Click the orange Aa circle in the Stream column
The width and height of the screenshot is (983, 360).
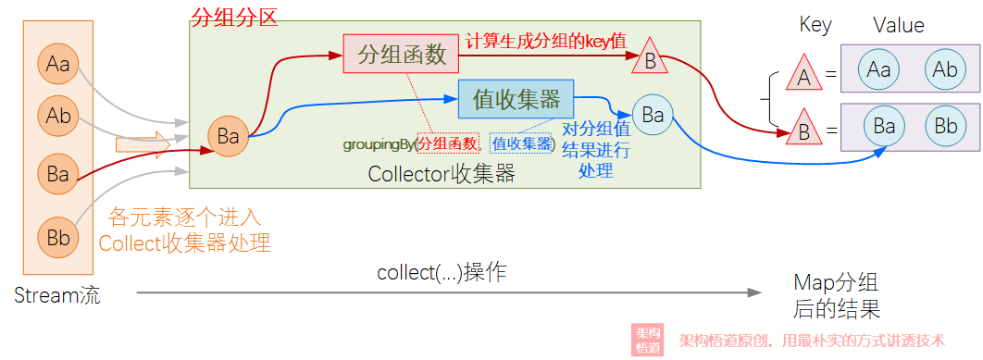[x=57, y=65]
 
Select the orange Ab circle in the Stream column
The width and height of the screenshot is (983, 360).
[x=57, y=116]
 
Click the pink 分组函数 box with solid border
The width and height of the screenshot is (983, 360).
[x=402, y=55]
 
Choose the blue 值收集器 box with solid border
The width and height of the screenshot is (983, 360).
[x=516, y=99]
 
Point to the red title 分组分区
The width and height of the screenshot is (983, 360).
[x=233, y=17]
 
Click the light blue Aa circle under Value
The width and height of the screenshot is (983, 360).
[x=878, y=69]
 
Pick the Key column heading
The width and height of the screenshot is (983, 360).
[x=815, y=25]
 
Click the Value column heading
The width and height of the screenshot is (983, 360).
[x=899, y=25]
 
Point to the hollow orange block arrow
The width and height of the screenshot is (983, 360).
[x=143, y=143]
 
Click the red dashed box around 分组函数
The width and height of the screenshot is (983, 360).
[x=448, y=143]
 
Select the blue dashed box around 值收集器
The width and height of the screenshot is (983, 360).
[x=523, y=143]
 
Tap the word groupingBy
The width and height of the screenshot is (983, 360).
[x=378, y=145]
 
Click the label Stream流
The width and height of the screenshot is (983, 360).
[x=57, y=295]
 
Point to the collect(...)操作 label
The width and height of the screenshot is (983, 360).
[x=442, y=273]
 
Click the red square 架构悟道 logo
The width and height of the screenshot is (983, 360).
[x=647, y=341]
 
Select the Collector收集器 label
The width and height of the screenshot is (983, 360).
[x=442, y=173]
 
